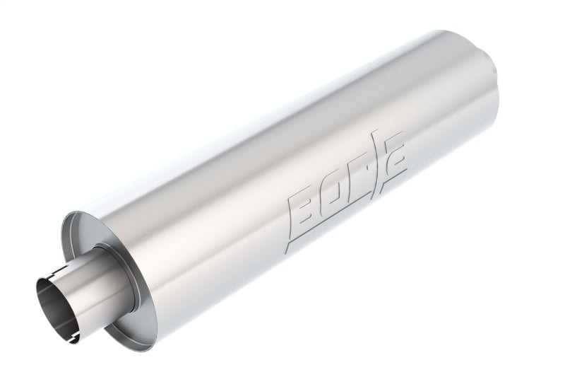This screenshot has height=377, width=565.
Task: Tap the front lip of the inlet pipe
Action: pyautogui.click(x=40, y=297)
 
